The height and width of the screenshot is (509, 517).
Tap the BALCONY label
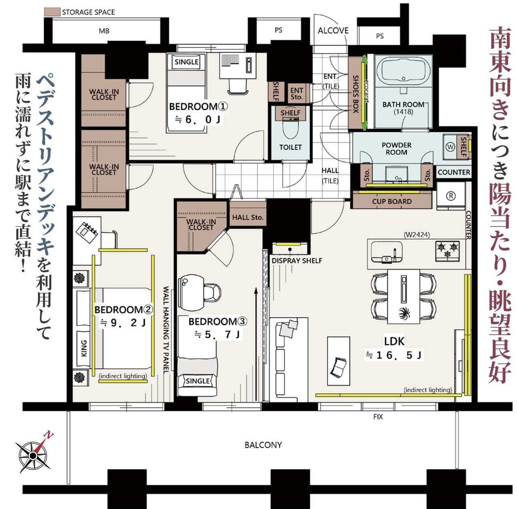263,445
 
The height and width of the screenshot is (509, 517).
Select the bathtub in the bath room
403,71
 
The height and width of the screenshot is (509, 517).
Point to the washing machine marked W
450,147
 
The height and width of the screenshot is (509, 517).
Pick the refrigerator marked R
451,196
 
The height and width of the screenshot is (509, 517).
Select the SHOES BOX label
355,94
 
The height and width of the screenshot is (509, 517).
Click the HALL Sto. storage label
248,217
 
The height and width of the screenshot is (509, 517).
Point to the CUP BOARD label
392,201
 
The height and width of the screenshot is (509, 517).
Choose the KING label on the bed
84,348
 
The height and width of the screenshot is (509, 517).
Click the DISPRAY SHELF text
297,261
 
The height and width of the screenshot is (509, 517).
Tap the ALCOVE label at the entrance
333,31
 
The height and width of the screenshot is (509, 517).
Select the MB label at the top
104,31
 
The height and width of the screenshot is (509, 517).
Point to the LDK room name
394,341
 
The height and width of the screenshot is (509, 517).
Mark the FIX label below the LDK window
378,417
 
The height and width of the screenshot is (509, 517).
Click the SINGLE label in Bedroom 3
198,381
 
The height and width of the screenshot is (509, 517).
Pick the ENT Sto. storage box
297,93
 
